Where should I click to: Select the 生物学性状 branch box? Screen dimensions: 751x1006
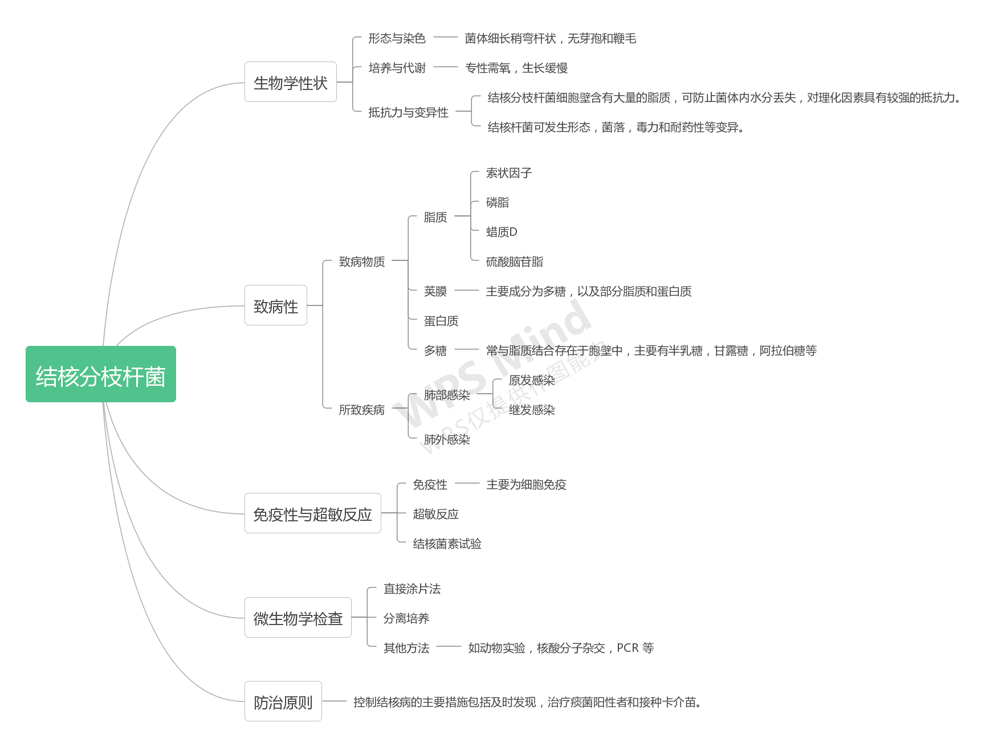pos(291,82)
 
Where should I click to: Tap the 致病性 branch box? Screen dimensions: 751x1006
pos(276,305)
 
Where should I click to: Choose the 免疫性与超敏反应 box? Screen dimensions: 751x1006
pos(312,513)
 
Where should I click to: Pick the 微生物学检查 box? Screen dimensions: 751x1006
pos(298,618)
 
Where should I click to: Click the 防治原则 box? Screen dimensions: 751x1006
pos(283,701)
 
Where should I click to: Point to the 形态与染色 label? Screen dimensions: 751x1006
pos(397,38)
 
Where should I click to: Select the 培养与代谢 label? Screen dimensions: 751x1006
pos(397,68)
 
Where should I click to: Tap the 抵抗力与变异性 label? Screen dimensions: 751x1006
pos(408,112)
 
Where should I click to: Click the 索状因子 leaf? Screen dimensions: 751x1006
pos(508,173)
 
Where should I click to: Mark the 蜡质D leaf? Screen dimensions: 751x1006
pos(502,232)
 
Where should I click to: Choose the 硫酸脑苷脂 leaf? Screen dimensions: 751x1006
pos(514,262)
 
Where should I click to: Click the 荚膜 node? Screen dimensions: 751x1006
pos(435,291)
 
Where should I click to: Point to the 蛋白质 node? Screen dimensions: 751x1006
pos(441,321)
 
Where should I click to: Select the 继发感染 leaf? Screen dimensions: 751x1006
pos(531,410)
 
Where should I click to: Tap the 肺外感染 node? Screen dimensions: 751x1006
pos(446,439)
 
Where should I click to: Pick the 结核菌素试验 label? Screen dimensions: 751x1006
pos(447,544)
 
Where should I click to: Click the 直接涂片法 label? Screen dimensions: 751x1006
pos(412,589)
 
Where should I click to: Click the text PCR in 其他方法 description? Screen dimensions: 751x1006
pos(628,648)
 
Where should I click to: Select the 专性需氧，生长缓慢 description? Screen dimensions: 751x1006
pos(516,68)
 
